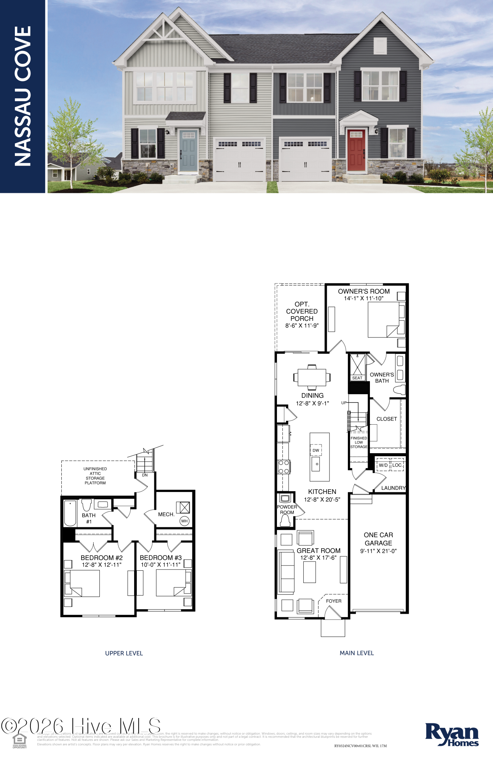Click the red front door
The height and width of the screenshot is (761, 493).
point(356,150)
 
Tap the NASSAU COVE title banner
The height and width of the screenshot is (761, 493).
point(22,96)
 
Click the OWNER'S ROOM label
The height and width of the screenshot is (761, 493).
point(364,291)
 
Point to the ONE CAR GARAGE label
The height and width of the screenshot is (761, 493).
point(378,539)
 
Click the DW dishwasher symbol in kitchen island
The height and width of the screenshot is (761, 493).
point(316,450)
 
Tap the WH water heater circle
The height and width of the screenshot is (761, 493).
point(184,521)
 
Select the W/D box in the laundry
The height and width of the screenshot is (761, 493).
point(383,465)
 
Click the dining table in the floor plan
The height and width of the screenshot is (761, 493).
point(312,377)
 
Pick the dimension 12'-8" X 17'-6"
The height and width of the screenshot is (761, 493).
point(319,558)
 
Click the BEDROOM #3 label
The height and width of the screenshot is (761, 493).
point(161,557)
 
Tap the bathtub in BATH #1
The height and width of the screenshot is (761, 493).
point(70,513)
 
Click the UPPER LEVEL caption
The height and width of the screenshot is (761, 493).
point(124,653)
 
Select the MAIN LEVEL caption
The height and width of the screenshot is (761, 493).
point(357,653)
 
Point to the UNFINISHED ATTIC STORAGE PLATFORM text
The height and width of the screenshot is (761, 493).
point(95,476)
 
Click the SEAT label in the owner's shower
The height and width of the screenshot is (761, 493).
point(357,378)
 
